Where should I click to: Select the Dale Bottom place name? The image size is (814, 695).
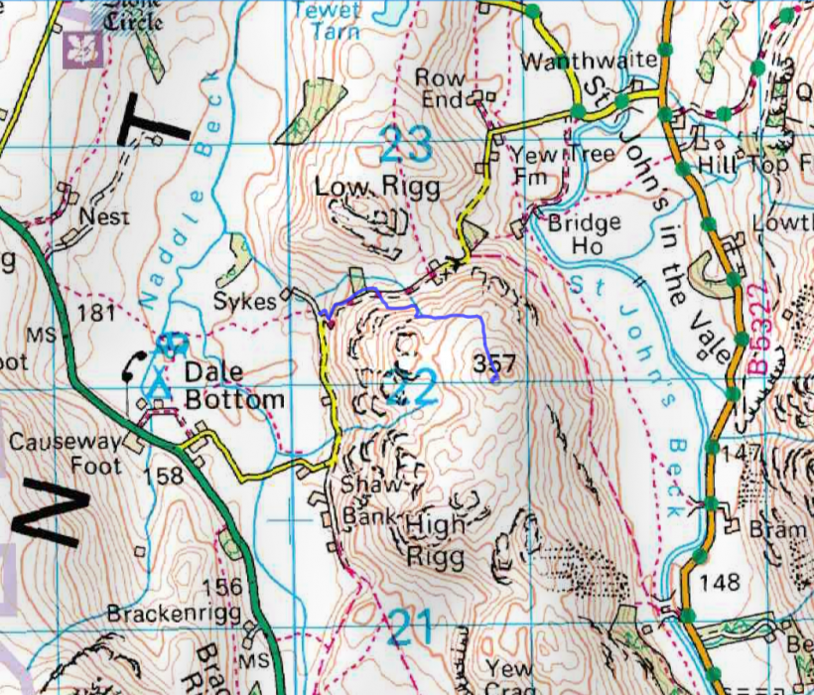pos(234,387)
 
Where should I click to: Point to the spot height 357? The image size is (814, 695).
pos(494,363)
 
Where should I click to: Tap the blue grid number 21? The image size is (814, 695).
pos(410,627)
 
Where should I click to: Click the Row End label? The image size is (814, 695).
pos(440,88)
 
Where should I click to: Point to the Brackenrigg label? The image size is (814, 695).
pos(175,613)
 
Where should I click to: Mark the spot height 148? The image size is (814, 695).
pos(720,580)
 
